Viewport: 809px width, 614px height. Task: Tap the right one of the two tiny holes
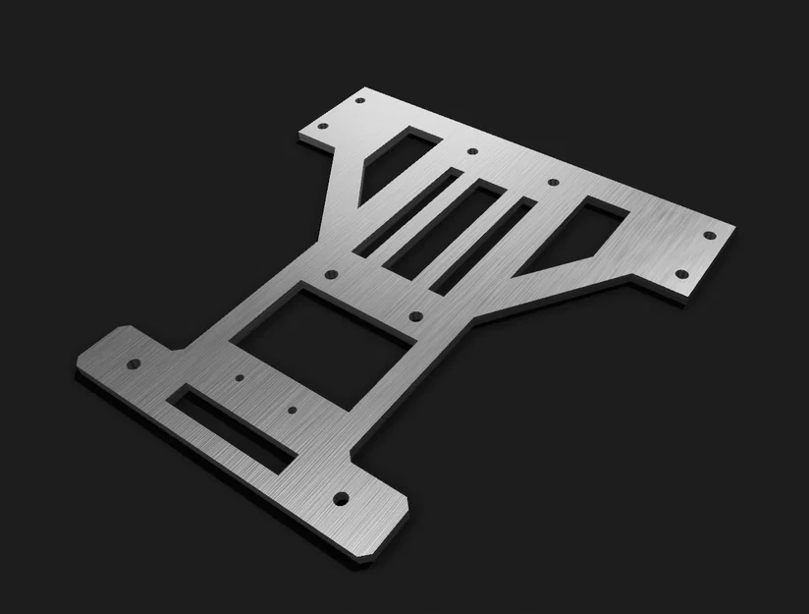(x=292, y=409)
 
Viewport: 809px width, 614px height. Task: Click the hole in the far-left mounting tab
(x=134, y=363)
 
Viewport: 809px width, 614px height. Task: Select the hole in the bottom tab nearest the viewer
(x=341, y=498)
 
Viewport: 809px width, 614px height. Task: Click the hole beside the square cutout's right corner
(x=415, y=316)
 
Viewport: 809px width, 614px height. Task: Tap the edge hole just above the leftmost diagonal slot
(x=471, y=152)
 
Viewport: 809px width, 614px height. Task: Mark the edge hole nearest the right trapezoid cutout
(x=552, y=184)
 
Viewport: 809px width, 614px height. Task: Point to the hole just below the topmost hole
(x=471, y=152)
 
